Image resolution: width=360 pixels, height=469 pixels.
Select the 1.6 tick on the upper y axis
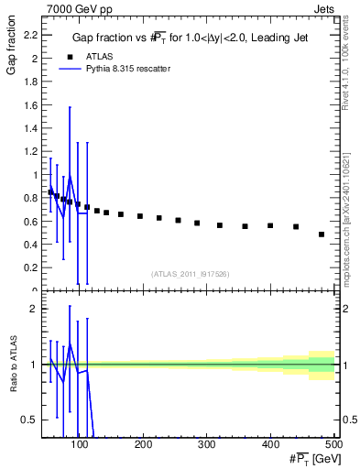[29, 104]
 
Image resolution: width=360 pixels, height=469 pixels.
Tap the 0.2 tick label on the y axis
[29, 268]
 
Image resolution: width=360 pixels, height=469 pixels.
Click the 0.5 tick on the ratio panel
[28, 420]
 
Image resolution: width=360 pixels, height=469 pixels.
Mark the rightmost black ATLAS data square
[322, 234]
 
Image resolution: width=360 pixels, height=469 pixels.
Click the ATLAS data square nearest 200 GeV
[140, 216]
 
